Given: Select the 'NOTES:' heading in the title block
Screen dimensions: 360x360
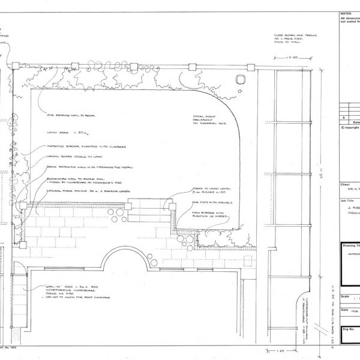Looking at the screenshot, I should click(x=347, y=13).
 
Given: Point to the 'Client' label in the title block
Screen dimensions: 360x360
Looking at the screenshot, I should click(x=344, y=185).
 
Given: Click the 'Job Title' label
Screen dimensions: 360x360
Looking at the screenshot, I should click(x=347, y=201).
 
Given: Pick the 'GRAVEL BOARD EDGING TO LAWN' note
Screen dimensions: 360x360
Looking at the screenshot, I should click(x=70, y=157).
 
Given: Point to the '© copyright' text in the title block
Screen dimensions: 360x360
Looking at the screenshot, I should click(x=350, y=127).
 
